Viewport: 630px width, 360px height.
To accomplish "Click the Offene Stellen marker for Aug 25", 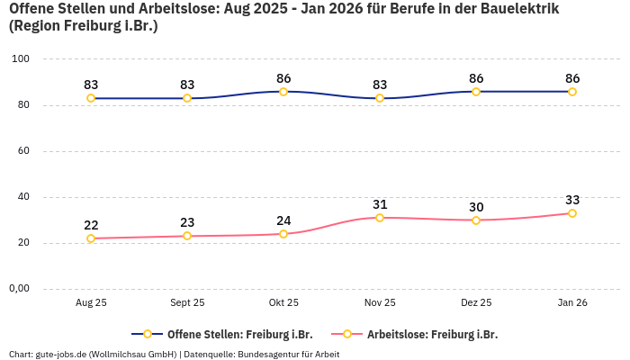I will click(91, 98).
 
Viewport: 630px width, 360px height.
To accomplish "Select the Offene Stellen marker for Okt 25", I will click(283, 92).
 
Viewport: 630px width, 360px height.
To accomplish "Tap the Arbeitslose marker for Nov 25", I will click(380, 218).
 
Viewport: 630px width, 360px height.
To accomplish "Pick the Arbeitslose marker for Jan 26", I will click(572, 213).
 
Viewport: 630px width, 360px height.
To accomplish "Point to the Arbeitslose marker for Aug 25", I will click(91, 238).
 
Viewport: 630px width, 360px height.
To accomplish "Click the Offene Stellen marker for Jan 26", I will click(572, 92).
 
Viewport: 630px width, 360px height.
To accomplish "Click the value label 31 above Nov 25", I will click(380, 204).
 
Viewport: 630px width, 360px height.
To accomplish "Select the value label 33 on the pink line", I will click(572, 200).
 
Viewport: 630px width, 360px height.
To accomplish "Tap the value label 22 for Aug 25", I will click(91, 225).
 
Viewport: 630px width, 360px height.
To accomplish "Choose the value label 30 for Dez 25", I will click(476, 207).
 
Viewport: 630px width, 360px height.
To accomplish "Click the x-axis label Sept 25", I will click(187, 303).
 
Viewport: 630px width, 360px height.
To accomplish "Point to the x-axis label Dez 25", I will click(476, 303).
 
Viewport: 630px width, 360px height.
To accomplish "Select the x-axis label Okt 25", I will click(283, 303).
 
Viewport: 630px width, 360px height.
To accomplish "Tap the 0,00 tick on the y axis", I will click(19, 289).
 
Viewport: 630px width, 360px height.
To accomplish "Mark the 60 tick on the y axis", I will click(24, 151).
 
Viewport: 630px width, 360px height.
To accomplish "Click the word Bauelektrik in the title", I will click(513, 9).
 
